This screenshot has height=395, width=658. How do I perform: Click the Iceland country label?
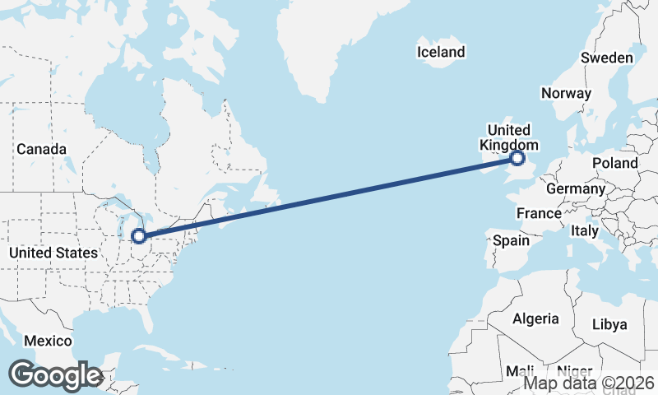(x=441, y=53)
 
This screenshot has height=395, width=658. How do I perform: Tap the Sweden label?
(x=606, y=58)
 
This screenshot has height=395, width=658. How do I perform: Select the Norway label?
(x=566, y=93)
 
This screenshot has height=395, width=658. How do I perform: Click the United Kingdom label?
(x=509, y=137)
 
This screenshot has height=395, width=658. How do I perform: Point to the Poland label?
(x=614, y=163)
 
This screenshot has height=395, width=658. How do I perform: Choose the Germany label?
(x=575, y=188)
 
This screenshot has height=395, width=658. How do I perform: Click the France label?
(x=538, y=213)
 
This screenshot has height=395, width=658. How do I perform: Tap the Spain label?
(x=511, y=241)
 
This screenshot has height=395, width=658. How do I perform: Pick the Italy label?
(x=585, y=231)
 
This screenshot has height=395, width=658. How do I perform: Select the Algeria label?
(x=535, y=318)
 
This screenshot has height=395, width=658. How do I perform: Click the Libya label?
(x=609, y=324)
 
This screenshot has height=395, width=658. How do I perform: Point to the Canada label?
(x=41, y=150)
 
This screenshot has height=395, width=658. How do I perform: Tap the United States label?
(x=53, y=253)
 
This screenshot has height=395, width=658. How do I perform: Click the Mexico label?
(x=48, y=341)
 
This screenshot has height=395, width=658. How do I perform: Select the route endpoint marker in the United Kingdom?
(x=517, y=158)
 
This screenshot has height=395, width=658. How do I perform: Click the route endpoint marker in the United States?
(x=139, y=236)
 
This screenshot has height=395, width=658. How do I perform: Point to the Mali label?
(x=520, y=369)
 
